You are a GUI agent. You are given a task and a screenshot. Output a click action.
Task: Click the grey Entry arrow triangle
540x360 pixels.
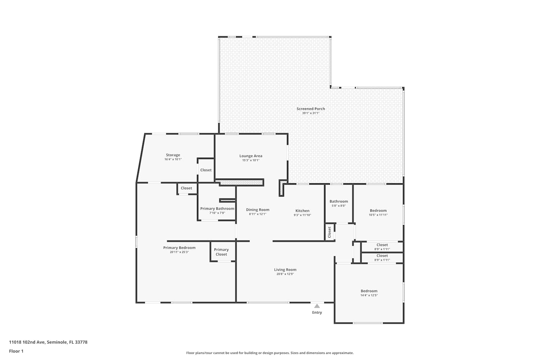pos(317,306)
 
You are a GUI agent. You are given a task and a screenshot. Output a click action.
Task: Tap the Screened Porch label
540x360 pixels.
pos(311,109)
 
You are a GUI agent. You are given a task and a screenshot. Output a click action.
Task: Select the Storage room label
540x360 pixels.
pos(173,155)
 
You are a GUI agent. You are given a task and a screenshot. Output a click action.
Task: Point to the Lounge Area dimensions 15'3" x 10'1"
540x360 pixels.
pos(251,160)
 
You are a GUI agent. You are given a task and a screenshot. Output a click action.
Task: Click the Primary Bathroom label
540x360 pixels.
pos(217,208)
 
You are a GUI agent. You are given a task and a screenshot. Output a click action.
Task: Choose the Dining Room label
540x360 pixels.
pos(258,210)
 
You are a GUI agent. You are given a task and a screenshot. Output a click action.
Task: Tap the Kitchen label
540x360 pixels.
pos(302,211)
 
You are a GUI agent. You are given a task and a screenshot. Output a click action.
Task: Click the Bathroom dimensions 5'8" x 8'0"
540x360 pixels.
pos(339,206)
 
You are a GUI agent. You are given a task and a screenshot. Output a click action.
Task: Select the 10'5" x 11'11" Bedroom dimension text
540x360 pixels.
pos(378,215)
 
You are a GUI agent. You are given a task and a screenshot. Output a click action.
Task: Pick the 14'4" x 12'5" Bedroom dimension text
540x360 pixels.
pos(369,295)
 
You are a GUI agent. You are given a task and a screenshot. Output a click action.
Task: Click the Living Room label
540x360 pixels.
pos(285,270)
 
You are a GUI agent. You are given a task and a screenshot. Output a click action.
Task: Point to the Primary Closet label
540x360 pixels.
pos(221,252)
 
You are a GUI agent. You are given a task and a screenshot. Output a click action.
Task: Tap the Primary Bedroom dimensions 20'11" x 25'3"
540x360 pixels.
pos(179,252)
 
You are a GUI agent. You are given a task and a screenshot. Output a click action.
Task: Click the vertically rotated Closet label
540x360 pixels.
pos(329,232)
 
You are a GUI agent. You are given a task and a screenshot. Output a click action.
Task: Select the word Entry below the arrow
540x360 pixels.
pos(317,312)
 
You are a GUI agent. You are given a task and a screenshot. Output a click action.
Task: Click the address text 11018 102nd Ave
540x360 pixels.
pos(27,342)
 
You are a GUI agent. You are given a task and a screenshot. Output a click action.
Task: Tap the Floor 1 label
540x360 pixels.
pos(16,351)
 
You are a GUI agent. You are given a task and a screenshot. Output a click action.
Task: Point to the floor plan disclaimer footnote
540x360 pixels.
pos(270,353)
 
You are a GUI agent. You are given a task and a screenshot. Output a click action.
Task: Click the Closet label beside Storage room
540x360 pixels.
pos(206,170)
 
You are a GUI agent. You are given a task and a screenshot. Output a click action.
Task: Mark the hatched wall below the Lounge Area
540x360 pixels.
pos(242,183)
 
